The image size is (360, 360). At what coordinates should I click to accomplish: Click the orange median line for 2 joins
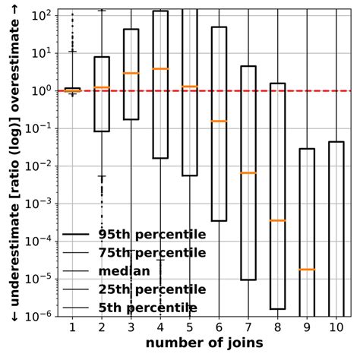(101, 87)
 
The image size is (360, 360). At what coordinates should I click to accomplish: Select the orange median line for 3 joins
(131, 73)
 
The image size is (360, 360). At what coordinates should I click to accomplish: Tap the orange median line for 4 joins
(160, 69)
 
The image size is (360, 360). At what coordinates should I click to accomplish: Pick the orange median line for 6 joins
(219, 121)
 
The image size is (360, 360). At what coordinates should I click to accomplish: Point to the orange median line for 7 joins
(248, 173)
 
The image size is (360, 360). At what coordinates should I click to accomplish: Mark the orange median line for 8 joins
(277, 220)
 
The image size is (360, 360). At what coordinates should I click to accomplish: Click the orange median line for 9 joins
(307, 270)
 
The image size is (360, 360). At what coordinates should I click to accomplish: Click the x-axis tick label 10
(336, 327)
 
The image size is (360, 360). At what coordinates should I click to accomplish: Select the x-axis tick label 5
(189, 327)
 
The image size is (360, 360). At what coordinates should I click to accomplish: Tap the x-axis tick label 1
(72, 327)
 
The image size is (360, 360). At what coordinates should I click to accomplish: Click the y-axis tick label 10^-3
(39, 203)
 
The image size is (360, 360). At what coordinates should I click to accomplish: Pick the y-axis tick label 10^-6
(39, 315)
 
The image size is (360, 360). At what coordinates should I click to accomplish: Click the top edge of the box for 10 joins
(336, 141)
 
